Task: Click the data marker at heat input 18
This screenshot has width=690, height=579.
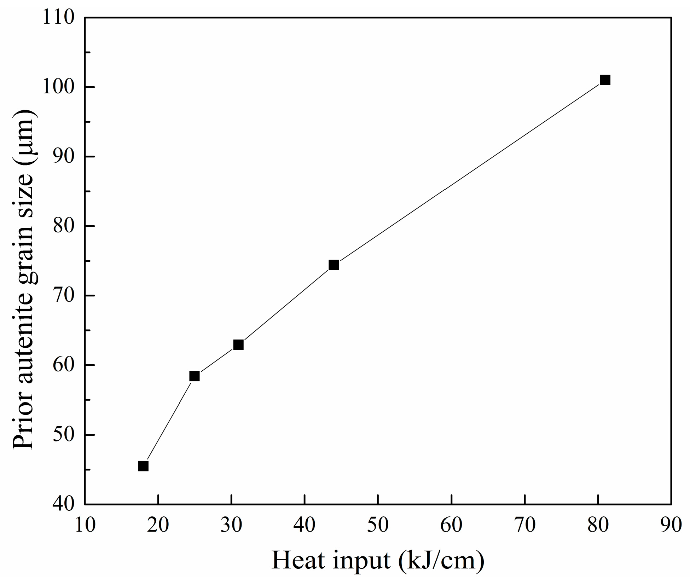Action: (x=143, y=466)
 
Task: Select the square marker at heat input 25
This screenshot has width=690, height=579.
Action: (x=195, y=376)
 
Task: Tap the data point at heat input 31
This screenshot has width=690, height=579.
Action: (x=238, y=344)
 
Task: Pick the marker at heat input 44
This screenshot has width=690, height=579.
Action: (x=334, y=265)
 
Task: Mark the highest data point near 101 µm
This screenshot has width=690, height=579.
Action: (x=605, y=80)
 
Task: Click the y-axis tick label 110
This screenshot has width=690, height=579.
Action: (x=58, y=18)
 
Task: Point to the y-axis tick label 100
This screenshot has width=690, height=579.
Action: (x=58, y=87)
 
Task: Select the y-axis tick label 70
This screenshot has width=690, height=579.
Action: (x=64, y=295)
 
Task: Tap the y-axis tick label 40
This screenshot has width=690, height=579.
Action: (x=64, y=504)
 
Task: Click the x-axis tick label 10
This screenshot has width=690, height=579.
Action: (x=85, y=525)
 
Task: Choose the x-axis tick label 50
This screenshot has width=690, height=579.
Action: (x=378, y=525)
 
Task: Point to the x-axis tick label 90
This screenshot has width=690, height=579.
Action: (x=671, y=525)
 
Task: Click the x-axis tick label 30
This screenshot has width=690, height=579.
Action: (x=232, y=525)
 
